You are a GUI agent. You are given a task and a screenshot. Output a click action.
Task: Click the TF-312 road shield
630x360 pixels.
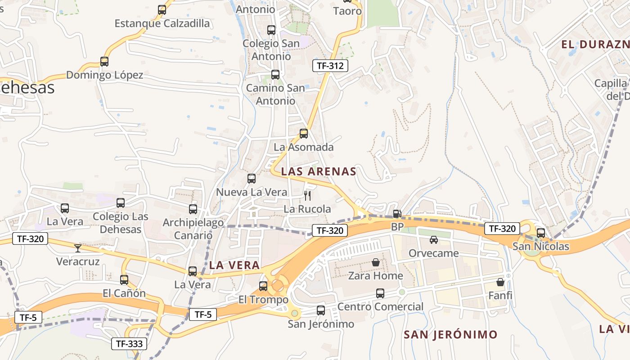[x=330, y=66]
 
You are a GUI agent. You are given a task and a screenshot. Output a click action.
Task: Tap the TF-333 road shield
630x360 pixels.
[x=129, y=344]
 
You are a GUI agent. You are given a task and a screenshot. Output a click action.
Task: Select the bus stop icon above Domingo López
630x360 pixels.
[x=104, y=62]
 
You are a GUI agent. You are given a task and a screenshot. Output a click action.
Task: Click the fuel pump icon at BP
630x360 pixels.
[x=397, y=214]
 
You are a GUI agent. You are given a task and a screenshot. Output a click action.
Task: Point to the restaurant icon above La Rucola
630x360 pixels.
[x=308, y=195]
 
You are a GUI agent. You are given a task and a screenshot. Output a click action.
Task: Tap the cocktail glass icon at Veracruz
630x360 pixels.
[x=78, y=248]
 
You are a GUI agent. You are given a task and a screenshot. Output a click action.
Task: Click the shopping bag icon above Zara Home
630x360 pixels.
[x=376, y=262]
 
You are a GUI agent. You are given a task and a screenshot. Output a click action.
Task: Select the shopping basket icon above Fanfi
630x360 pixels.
[x=500, y=282]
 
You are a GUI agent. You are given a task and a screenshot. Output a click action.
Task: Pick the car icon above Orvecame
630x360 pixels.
[x=433, y=240]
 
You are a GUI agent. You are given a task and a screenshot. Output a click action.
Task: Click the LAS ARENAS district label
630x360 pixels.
[x=319, y=171]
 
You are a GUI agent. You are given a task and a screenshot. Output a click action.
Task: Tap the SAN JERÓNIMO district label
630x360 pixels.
[x=450, y=334]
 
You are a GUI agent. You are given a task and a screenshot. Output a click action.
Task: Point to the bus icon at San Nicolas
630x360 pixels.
[x=541, y=233]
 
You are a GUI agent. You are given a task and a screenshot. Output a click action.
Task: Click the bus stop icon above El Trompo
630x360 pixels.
[x=263, y=286]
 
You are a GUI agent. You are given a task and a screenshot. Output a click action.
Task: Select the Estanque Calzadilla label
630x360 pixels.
[x=162, y=23]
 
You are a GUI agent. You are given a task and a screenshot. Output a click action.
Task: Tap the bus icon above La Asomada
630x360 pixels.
[x=304, y=134]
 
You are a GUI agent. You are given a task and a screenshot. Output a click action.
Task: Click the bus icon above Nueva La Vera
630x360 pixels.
[x=252, y=179]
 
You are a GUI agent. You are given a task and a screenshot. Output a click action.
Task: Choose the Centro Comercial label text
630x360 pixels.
[x=380, y=307]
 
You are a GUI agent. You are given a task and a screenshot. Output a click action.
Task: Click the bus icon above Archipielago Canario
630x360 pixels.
[x=193, y=209]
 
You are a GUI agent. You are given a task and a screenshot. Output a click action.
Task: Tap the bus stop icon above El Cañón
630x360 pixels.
[x=124, y=280]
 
